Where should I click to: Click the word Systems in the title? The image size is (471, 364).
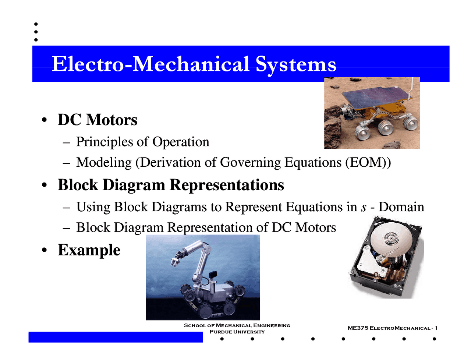coord(296,64)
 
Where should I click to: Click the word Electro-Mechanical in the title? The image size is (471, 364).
coord(150,64)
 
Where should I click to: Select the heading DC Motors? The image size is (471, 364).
coord(98,120)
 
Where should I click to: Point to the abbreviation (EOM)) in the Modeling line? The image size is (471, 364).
coord(368,162)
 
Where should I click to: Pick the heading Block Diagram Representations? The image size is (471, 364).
coord(171,185)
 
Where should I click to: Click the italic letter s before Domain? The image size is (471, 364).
coord(364,208)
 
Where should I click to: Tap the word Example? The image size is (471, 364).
coord(89,250)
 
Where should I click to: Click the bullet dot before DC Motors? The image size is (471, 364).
coord(44,120)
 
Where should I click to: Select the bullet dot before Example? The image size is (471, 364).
coord(44,250)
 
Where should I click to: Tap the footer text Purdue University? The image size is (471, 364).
coord(237,332)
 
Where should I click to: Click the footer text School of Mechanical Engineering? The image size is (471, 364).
coord(237,325)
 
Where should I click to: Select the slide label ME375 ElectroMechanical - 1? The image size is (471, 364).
coord(392,328)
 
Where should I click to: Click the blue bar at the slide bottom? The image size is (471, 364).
coord(116,337)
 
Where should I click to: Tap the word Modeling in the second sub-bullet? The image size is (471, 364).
coord(104,163)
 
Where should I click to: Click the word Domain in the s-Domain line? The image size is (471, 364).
coord(401,207)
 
